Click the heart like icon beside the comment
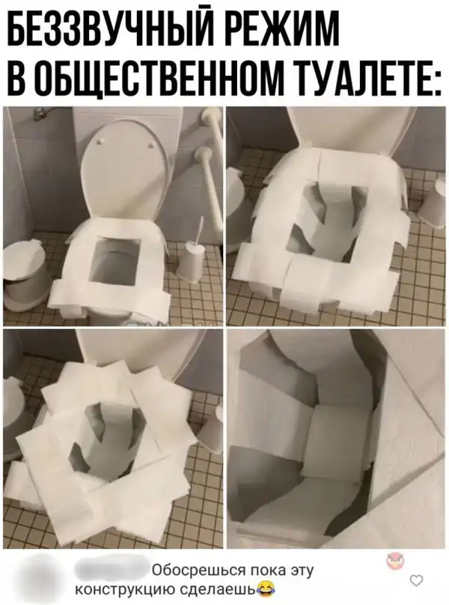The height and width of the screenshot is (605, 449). pos(416,580)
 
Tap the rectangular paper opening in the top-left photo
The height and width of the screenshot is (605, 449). pos(114,259)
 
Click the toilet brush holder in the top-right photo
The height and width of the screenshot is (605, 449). pos(432,203)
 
